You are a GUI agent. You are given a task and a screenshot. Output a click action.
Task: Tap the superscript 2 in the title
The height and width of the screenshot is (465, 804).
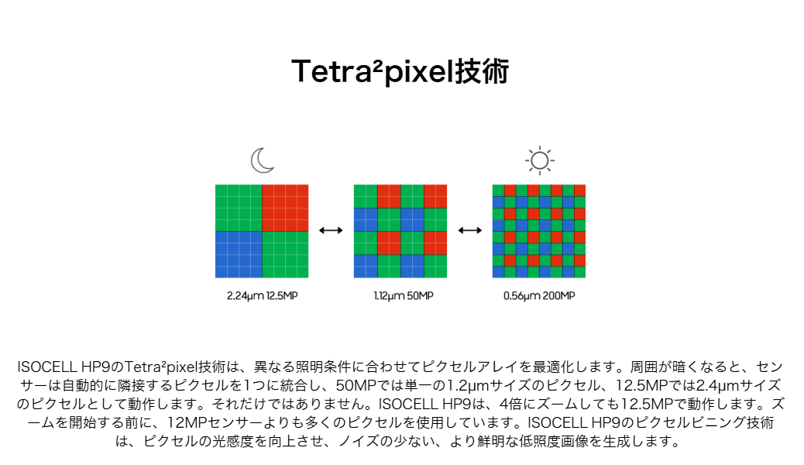click(377, 64)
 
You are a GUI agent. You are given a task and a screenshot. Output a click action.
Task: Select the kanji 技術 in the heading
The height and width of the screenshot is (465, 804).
click(482, 71)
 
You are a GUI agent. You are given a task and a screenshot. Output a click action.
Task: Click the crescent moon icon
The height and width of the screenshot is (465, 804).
click(263, 160)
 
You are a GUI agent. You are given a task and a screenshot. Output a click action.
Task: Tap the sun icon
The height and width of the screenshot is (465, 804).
click(539, 160)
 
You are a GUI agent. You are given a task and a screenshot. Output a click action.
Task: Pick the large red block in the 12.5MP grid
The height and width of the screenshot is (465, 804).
click(285, 208)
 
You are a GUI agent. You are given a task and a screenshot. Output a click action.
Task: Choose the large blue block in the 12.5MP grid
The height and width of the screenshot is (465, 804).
click(239, 254)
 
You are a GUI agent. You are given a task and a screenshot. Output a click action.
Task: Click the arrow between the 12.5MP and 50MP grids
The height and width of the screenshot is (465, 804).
click(331, 230)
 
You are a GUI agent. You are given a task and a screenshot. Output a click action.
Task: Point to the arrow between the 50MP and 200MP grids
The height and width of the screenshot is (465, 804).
click(469, 230)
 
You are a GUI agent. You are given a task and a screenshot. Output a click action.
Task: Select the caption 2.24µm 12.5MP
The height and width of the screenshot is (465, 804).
click(262, 295)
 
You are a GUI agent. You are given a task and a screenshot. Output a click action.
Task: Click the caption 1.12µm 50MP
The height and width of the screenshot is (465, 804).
click(403, 295)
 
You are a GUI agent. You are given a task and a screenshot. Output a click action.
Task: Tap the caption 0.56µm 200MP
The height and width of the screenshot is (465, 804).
click(539, 295)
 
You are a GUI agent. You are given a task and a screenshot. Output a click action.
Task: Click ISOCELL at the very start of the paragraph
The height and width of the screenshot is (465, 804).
click(47, 367)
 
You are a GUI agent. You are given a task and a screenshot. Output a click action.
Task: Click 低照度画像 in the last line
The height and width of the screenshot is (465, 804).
click(553, 441)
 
